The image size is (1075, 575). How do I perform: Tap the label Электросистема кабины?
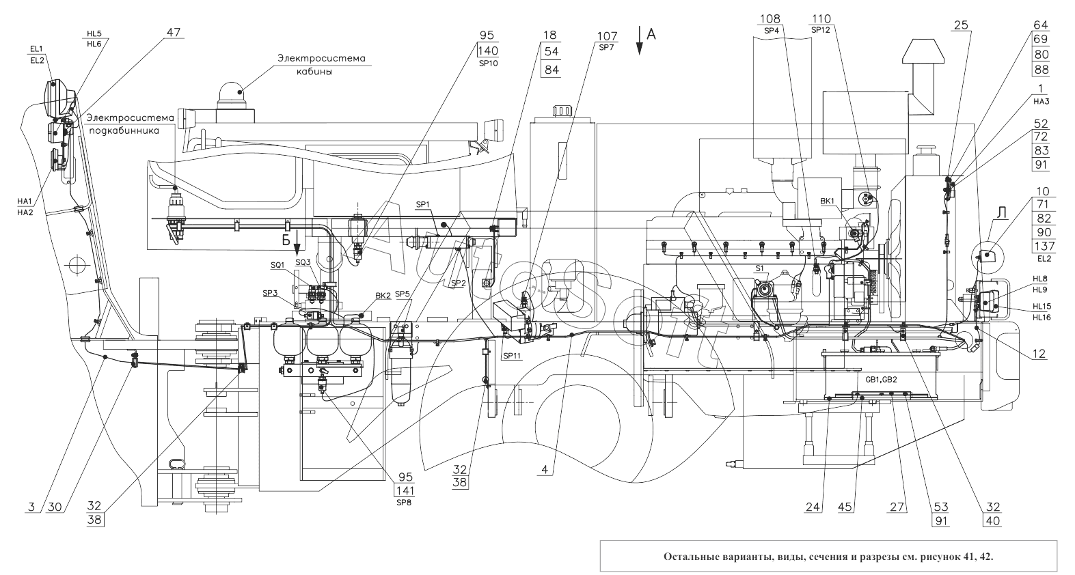pos(320,65)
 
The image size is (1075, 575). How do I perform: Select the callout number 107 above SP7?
pos(607,36)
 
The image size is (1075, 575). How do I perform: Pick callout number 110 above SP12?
pos(822,18)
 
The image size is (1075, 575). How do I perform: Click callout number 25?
pos(962,25)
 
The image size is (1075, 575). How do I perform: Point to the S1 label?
pos(759,268)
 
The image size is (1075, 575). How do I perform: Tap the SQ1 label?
pos(277,264)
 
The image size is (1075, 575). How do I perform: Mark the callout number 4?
pos(545,470)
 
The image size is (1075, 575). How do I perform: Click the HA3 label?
pos(1041,101)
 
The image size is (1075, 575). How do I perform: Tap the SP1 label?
pos(423,204)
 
